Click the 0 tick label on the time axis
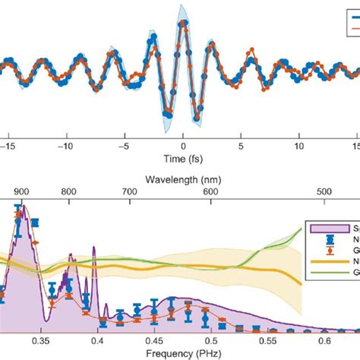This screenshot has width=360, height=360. [182, 144]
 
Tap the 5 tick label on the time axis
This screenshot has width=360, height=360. [241, 144]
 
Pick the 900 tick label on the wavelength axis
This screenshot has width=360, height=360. [22, 193]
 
